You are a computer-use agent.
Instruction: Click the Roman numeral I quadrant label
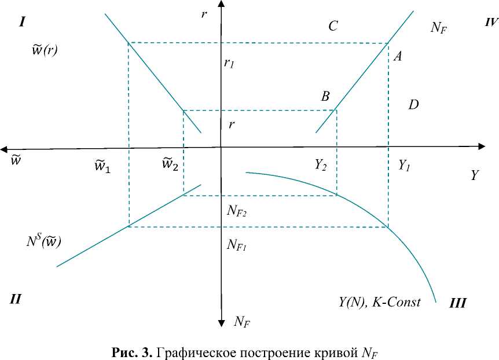tap(23, 23)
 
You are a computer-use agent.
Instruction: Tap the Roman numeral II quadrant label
tap(16, 299)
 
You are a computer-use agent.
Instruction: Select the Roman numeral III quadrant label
tap(457, 303)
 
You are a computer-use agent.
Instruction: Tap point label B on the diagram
tap(325, 97)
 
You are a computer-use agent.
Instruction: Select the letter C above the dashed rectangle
tap(333, 26)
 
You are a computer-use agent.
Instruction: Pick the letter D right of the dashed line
tap(413, 105)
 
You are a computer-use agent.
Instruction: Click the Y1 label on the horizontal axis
tap(405, 166)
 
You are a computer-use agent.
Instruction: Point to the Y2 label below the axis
tap(321, 166)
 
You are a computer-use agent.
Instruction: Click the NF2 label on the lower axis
tap(237, 212)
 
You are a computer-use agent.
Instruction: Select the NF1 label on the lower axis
tap(237, 245)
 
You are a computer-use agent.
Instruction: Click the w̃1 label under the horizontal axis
tap(102, 166)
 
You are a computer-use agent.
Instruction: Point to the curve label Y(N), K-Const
tap(379, 302)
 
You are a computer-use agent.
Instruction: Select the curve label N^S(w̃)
tap(43, 240)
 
